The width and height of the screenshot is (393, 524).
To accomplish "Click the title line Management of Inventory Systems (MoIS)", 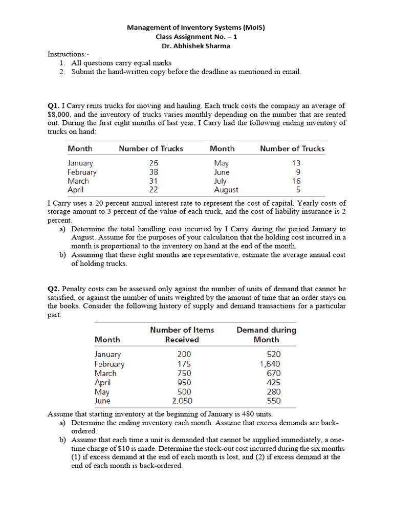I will [196, 28].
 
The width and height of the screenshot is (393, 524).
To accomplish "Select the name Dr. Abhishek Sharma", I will [196, 46].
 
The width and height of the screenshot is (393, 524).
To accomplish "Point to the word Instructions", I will [67, 54].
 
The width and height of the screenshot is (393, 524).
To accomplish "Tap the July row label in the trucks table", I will [220, 181].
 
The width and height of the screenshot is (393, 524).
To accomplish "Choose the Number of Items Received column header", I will [182, 335].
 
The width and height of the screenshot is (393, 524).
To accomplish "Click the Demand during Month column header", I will [266, 335].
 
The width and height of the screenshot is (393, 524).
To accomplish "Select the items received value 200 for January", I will [184, 354].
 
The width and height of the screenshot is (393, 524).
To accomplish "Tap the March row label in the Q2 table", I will [105, 373].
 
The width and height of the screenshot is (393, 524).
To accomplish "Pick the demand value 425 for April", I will [274, 382].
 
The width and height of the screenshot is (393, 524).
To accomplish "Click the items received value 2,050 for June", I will [182, 401].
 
